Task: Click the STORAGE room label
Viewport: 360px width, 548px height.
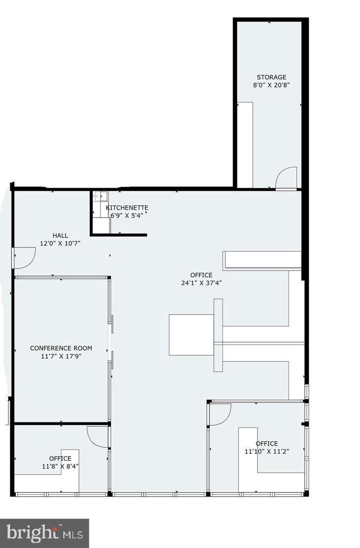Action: [x=271, y=77]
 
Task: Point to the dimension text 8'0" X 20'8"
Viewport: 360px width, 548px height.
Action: [x=271, y=85]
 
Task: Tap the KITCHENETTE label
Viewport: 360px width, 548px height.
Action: [x=127, y=208]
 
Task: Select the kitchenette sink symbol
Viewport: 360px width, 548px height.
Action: [x=100, y=197]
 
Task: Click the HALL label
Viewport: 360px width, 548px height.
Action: [x=60, y=235]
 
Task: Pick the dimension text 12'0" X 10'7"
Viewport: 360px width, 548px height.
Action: [x=60, y=243]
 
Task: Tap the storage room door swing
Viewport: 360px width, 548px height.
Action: [x=286, y=178]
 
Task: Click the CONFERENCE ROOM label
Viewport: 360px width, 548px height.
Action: [x=61, y=348]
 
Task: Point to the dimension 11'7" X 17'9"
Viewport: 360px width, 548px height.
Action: [x=61, y=356]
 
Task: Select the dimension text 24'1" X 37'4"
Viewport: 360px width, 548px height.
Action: [x=201, y=283]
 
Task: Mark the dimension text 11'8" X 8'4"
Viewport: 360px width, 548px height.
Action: [x=60, y=466]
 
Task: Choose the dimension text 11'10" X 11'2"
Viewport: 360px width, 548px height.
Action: [x=266, y=451]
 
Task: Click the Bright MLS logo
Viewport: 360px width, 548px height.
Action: [x=44, y=533]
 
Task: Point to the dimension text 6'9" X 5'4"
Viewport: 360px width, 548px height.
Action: [x=127, y=215]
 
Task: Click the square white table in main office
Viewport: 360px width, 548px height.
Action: [x=191, y=335]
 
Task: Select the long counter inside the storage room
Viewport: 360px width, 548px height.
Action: [x=245, y=145]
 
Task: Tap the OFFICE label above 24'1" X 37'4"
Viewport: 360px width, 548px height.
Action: [x=201, y=275]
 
